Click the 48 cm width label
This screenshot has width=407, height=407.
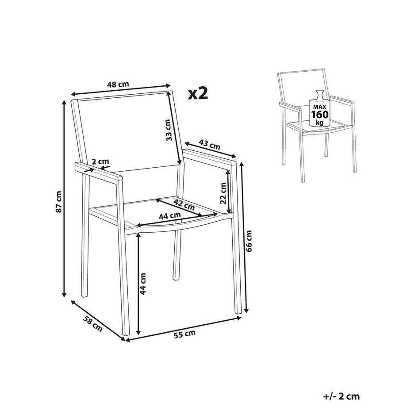[x=119, y=84]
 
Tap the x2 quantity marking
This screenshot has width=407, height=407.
[x=198, y=93]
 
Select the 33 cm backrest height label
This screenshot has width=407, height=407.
[x=168, y=130]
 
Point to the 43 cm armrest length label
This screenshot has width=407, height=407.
[x=209, y=144]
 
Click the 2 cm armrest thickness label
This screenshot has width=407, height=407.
[x=101, y=162]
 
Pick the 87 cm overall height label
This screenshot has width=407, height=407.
[x=58, y=201]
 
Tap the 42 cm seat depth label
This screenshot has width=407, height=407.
[x=184, y=204]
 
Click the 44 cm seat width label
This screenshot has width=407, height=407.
[x=170, y=215]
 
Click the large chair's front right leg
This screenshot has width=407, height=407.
[x=237, y=265]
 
